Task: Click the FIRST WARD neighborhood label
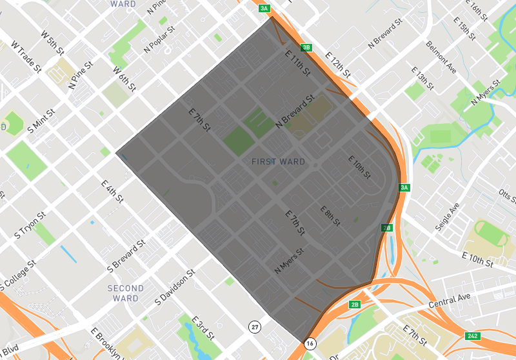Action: (278, 161)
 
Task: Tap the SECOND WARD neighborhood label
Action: (125, 293)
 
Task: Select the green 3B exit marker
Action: (307, 47)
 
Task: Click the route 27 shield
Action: (255, 328)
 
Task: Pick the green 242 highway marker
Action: (473, 335)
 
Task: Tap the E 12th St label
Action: (337, 65)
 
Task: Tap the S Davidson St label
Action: (175, 288)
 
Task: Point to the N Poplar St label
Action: (160, 40)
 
